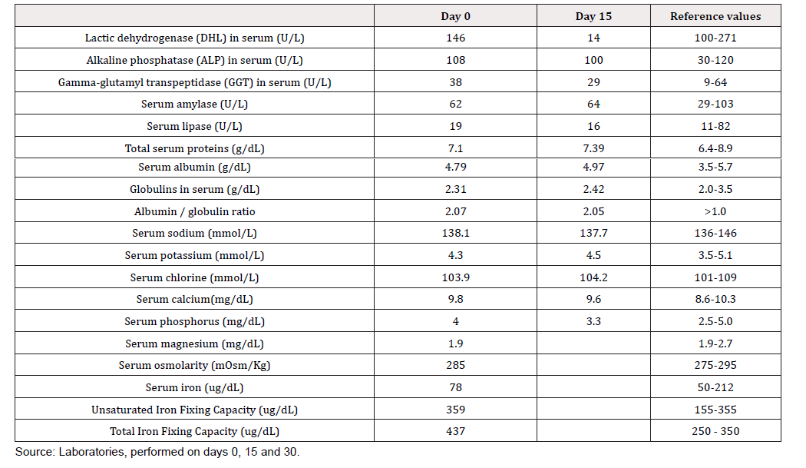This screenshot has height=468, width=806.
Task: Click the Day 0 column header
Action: (455, 16)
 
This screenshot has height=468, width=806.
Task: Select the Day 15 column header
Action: (593, 16)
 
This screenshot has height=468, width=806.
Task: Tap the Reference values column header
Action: (715, 16)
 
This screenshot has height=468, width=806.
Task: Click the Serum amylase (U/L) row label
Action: (194, 104)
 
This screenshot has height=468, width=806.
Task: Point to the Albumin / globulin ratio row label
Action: (194, 211)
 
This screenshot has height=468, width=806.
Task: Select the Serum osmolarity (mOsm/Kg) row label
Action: (194, 366)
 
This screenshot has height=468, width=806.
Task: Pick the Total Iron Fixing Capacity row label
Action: (194, 431)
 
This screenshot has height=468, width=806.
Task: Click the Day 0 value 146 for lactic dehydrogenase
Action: (455, 38)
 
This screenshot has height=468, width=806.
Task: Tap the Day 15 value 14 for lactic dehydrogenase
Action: (593, 38)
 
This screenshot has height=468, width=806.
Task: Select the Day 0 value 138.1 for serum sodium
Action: (455, 233)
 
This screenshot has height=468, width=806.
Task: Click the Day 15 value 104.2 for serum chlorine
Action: (593, 277)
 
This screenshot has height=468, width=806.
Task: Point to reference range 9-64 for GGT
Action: (715, 82)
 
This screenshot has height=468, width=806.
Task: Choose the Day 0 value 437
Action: (455, 431)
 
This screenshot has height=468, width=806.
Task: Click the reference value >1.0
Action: (715, 211)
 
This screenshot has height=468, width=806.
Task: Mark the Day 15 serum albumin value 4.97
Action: (593, 168)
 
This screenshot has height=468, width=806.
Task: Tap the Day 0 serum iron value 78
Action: (455, 387)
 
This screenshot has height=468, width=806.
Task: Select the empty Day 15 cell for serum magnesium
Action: (593, 343)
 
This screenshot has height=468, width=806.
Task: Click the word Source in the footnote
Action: (34, 452)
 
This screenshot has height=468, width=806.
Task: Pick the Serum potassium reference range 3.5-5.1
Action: (715, 255)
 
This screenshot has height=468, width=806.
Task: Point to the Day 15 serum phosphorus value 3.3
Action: (593, 322)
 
